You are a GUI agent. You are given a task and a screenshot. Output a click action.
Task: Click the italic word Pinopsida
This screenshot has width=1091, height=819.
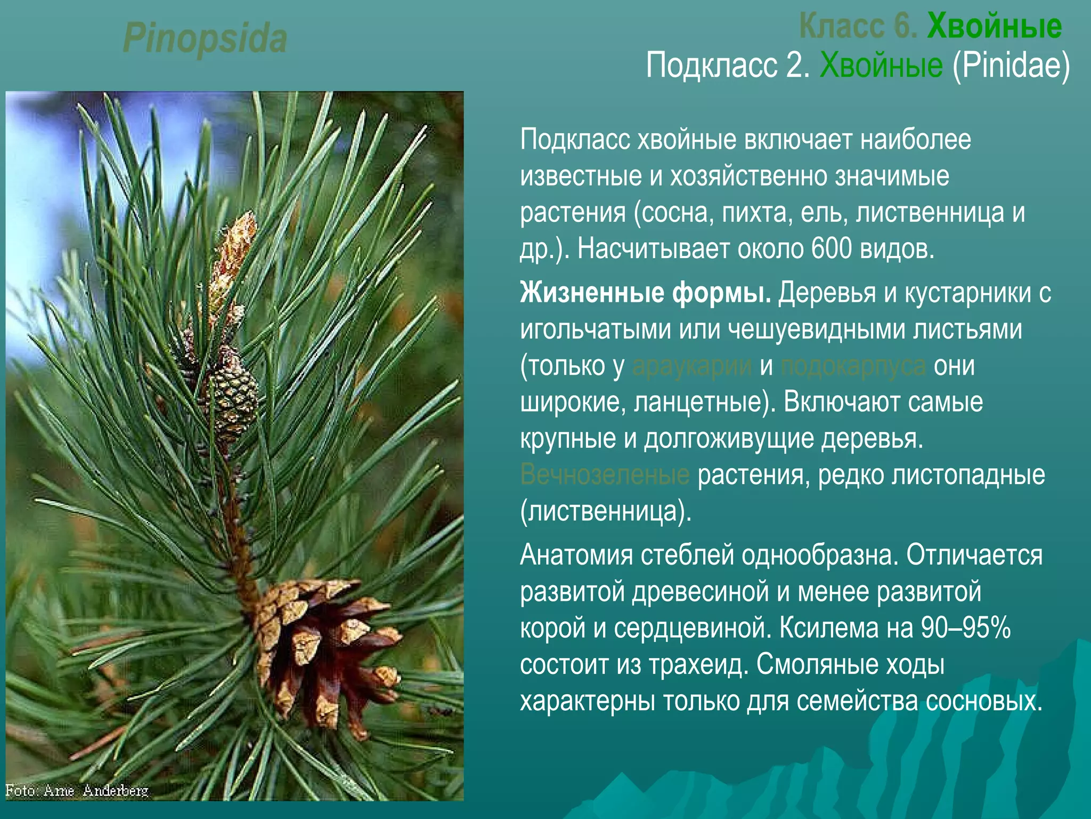[205, 38]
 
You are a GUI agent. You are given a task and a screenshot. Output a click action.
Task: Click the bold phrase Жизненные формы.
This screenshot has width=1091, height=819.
[645, 293]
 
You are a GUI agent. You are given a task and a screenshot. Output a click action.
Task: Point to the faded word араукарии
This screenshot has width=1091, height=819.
[691, 366]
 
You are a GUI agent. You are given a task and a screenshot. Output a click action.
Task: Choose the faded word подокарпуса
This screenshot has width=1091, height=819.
[852, 366]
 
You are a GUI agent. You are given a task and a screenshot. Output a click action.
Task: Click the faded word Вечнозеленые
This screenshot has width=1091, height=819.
[605, 475]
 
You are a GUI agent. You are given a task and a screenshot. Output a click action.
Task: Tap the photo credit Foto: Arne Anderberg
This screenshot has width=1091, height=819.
[77, 790]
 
